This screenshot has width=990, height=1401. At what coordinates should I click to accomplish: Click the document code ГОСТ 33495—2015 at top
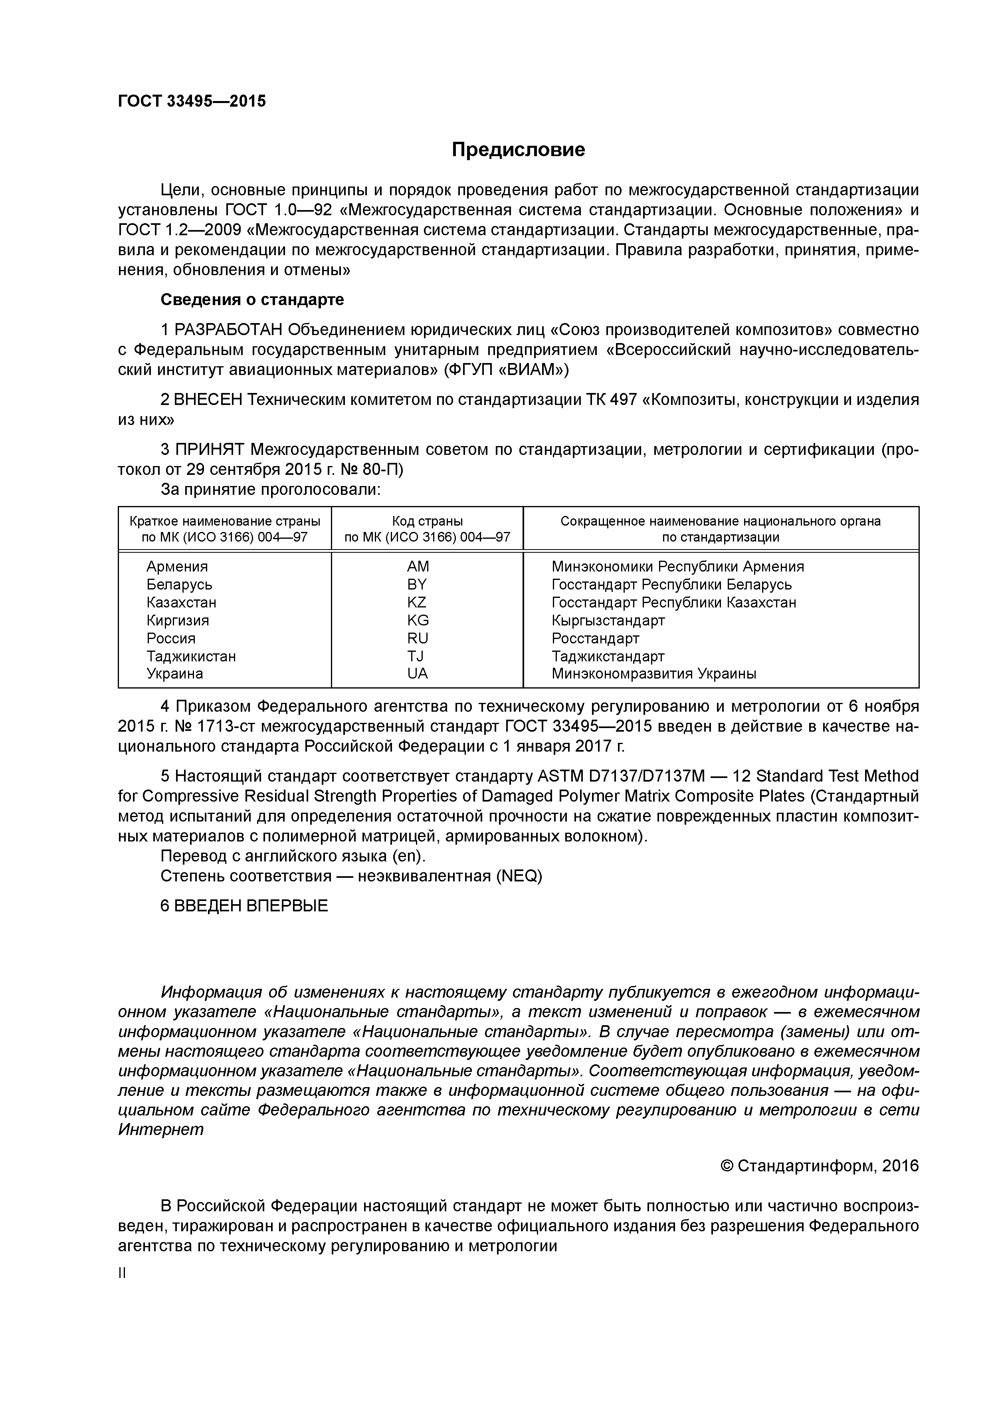coord(192,101)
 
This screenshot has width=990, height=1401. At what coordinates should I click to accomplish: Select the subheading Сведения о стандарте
coord(252,300)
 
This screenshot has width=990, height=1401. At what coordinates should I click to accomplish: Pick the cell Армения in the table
coord(177,566)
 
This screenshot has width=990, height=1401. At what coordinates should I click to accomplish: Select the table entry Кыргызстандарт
coord(608,621)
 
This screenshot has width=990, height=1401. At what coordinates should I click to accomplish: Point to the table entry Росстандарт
coord(595,638)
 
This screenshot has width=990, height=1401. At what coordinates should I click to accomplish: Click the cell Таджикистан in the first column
coord(191,656)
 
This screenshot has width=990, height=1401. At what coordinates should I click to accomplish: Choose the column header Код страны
coord(427,521)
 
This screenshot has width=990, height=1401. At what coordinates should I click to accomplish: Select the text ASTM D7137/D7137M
coord(621,776)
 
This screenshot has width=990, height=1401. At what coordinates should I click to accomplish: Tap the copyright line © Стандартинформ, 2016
coord(819,1166)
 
